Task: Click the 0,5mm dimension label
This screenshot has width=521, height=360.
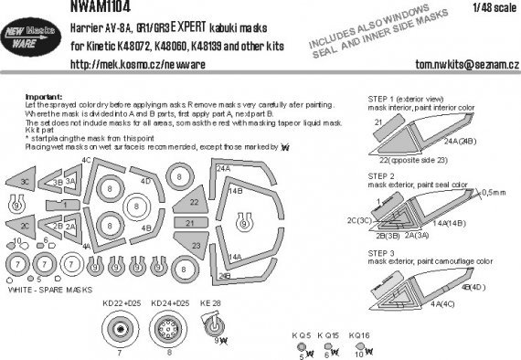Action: tap(494, 191)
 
